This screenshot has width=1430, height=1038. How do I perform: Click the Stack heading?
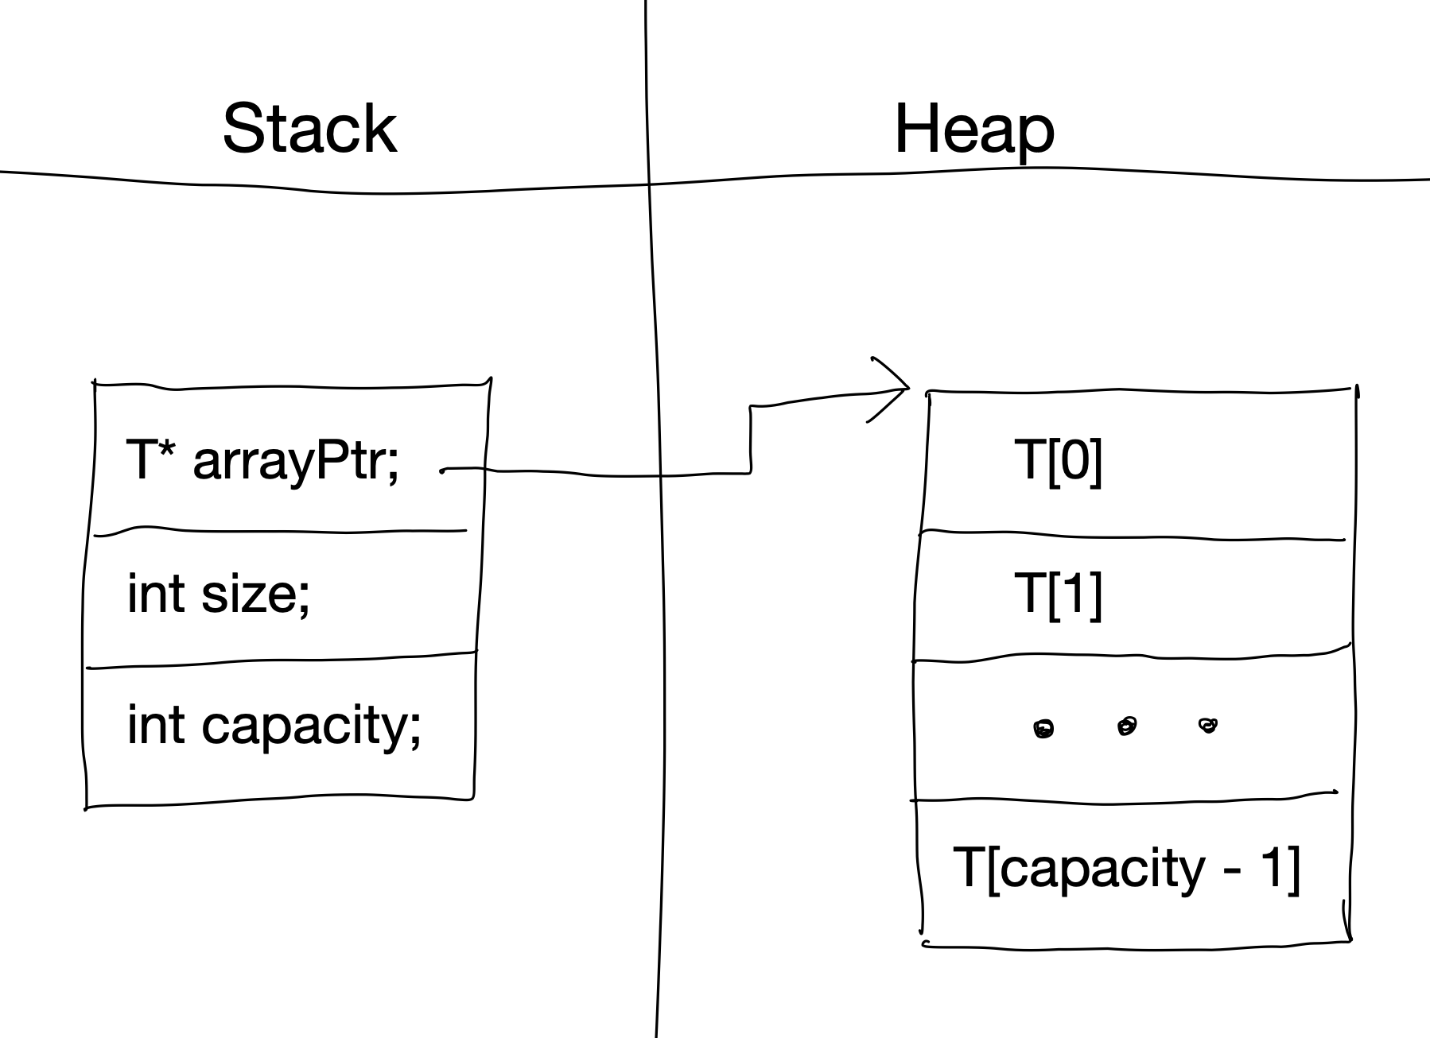(309, 129)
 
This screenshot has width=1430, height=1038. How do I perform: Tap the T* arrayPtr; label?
(262, 460)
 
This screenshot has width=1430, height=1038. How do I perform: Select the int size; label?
(218, 593)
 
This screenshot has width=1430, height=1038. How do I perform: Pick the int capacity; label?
(274, 726)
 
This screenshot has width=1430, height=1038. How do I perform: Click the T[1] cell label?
(1059, 594)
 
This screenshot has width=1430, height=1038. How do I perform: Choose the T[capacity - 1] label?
(1125, 867)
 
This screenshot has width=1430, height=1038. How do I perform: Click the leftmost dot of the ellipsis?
(1043, 729)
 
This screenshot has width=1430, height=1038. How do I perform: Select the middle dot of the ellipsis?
(1127, 726)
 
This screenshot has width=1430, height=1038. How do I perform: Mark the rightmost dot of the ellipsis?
(1208, 724)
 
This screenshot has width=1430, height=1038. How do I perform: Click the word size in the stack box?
(250, 594)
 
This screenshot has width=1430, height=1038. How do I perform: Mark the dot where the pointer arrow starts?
(442, 471)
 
